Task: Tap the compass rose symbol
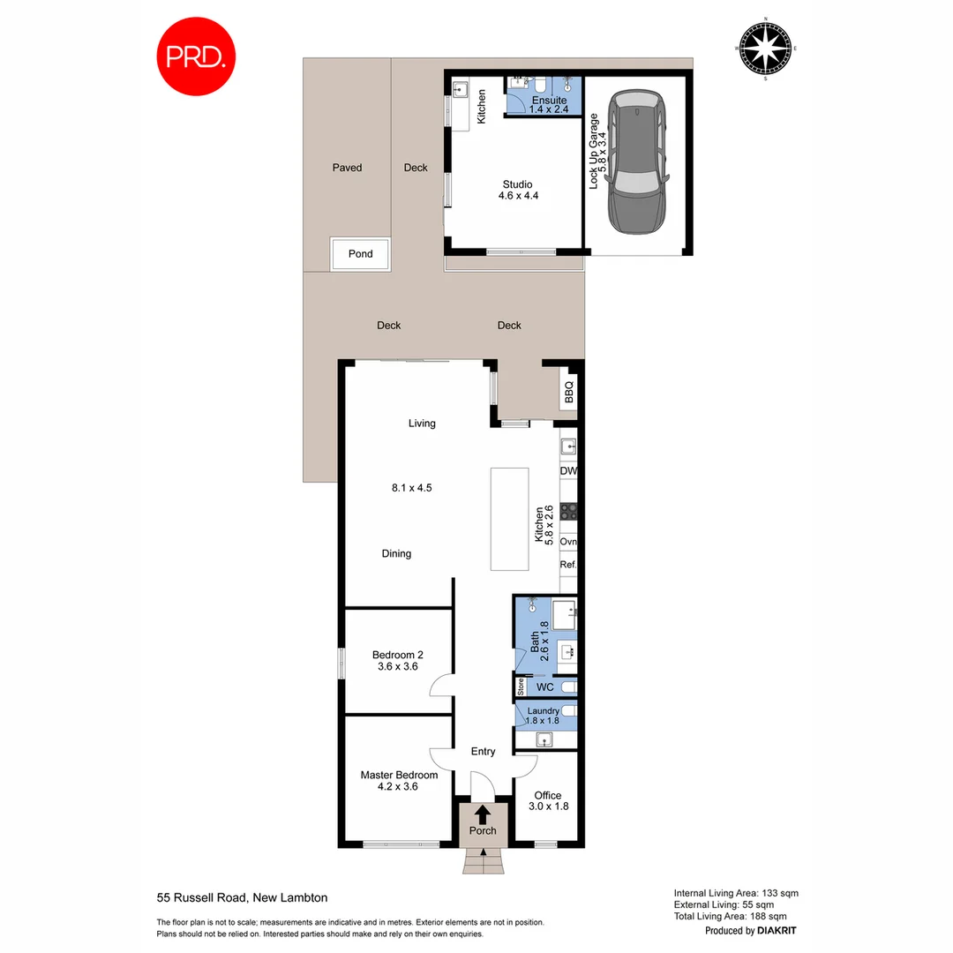[x=765, y=49]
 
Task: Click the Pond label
[x=360, y=254]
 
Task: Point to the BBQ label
[x=569, y=391]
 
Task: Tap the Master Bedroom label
[x=399, y=776]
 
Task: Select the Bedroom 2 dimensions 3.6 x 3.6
[x=397, y=667]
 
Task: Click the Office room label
[x=547, y=795]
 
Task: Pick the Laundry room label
[x=543, y=711]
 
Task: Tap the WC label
[x=546, y=686]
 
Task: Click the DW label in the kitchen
[x=568, y=471]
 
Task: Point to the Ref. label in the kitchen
[x=568, y=564]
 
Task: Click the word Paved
[x=347, y=168]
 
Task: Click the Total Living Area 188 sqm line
[x=736, y=916]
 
